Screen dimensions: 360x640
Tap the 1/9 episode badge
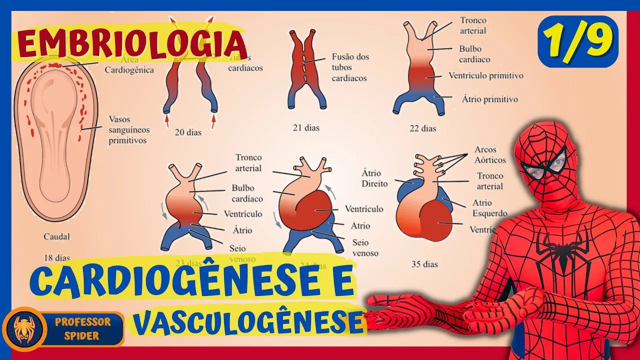(x=577, y=41)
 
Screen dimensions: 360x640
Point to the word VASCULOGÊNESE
(x=248, y=323)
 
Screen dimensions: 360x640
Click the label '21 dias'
(x=306, y=128)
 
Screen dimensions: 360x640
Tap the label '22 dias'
(x=422, y=128)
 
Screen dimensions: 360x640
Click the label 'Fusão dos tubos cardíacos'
(x=350, y=67)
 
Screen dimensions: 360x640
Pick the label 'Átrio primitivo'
(x=482, y=99)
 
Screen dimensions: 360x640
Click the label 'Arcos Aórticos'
(x=489, y=155)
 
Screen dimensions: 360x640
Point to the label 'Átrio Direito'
(x=374, y=178)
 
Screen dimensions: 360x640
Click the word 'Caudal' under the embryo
(x=56, y=236)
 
